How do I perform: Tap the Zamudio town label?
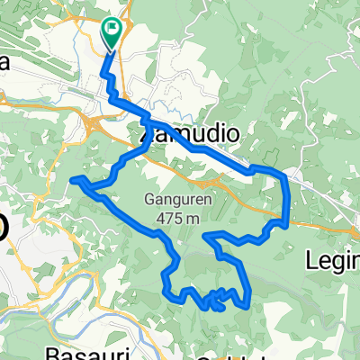pyautogui.click(x=192, y=134)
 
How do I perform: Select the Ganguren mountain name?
pyautogui.click(x=177, y=200)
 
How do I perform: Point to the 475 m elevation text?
pyautogui.click(x=177, y=216)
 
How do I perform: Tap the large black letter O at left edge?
pyautogui.click(x=4, y=227)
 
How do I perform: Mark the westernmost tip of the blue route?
pyautogui.click(x=72, y=179)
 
